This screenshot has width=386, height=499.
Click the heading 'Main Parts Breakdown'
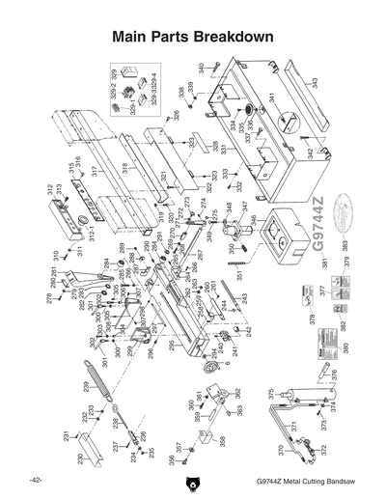[x=194, y=37]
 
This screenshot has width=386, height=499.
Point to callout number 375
[x=271, y=393]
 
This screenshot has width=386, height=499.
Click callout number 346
[x=254, y=220]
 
